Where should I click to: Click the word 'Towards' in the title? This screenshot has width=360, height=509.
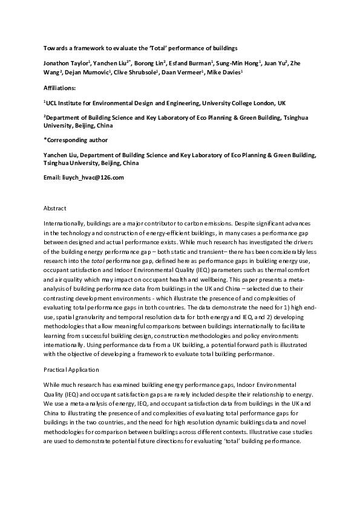coord(56,47)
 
